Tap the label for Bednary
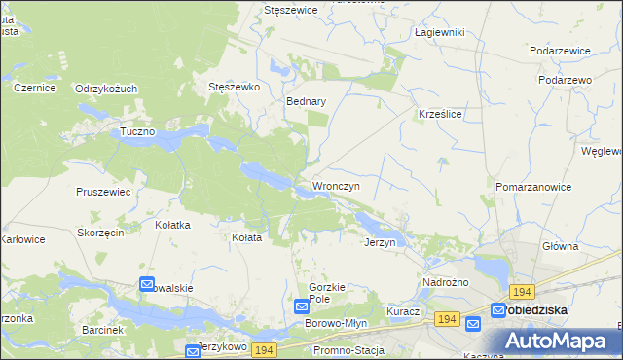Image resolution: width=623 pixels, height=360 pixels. pos(305,100)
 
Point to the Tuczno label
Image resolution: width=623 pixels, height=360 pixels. pos(137,131)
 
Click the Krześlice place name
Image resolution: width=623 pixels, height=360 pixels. pos(439,114)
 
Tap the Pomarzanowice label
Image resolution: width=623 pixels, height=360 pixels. pos(532,186)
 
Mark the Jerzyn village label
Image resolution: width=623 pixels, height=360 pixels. pos(380,242)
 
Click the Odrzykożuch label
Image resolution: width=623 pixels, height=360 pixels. pos(106,89)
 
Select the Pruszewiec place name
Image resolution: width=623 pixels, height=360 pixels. pos(103,192)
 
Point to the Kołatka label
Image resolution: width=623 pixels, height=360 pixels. pos(172,225)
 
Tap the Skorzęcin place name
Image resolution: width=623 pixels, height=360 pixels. pos(99,234)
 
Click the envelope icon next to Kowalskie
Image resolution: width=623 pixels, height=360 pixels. pos(147,284)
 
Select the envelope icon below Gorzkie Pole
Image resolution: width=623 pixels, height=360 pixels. pos(302,306)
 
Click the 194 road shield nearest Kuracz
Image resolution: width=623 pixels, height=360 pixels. pos(447,319)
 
